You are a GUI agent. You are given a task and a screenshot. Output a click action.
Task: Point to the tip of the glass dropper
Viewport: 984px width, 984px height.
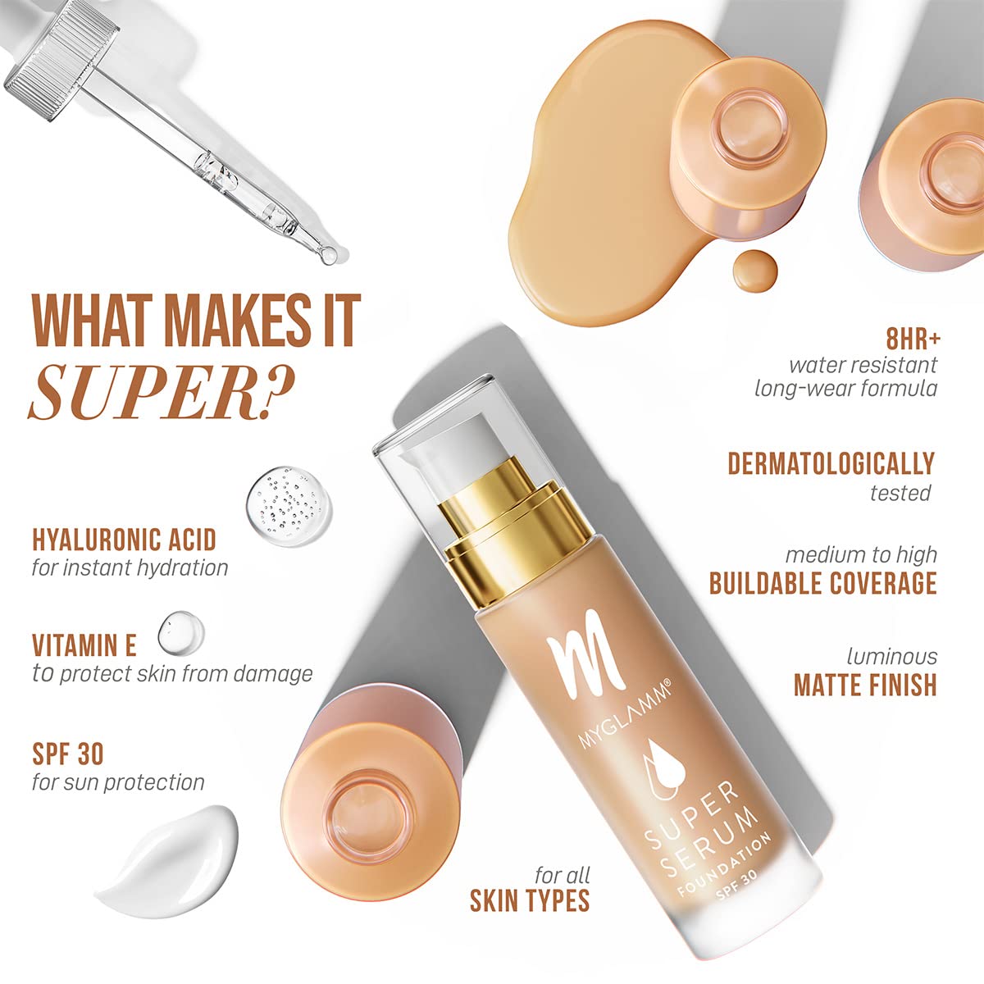tap(330, 255)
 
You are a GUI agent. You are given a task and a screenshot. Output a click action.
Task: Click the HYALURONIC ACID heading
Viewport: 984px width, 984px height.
tap(124, 540)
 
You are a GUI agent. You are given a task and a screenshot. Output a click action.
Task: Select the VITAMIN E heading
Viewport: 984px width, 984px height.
tap(84, 645)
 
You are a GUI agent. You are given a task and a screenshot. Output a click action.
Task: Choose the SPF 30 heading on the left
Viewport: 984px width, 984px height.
tap(68, 753)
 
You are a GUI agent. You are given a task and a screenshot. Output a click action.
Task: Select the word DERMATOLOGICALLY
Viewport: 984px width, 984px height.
tap(831, 463)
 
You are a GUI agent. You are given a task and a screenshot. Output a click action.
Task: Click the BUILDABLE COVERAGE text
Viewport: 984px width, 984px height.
tap(822, 583)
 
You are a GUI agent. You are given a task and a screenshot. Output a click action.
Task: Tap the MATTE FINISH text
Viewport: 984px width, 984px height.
tap(864, 685)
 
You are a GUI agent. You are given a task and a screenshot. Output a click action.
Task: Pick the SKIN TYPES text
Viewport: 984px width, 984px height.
tap(530, 900)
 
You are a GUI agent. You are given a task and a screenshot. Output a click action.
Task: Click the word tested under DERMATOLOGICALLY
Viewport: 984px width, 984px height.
tap(900, 493)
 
